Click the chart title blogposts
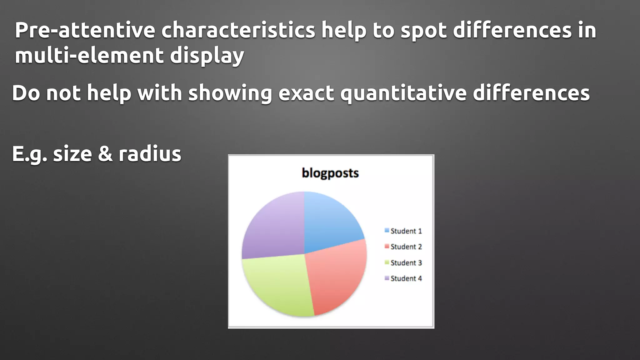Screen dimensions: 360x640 (x=330, y=173)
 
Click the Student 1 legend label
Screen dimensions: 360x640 (x=406, y=231)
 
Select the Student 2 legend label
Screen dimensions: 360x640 (x=406, y=247)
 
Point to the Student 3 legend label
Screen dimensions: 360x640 (x=406, y=263)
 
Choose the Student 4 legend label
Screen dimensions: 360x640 (x=406, y=278)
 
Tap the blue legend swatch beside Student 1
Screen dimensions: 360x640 (x=387, y=231)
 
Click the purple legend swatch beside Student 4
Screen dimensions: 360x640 (x=387, y=278)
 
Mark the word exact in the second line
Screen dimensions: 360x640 (x=306, y=93)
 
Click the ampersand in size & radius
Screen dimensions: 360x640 (x=105, y=154)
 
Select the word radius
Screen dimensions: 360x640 (x=150, y=154)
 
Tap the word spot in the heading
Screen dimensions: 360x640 (x=423, y=31)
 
